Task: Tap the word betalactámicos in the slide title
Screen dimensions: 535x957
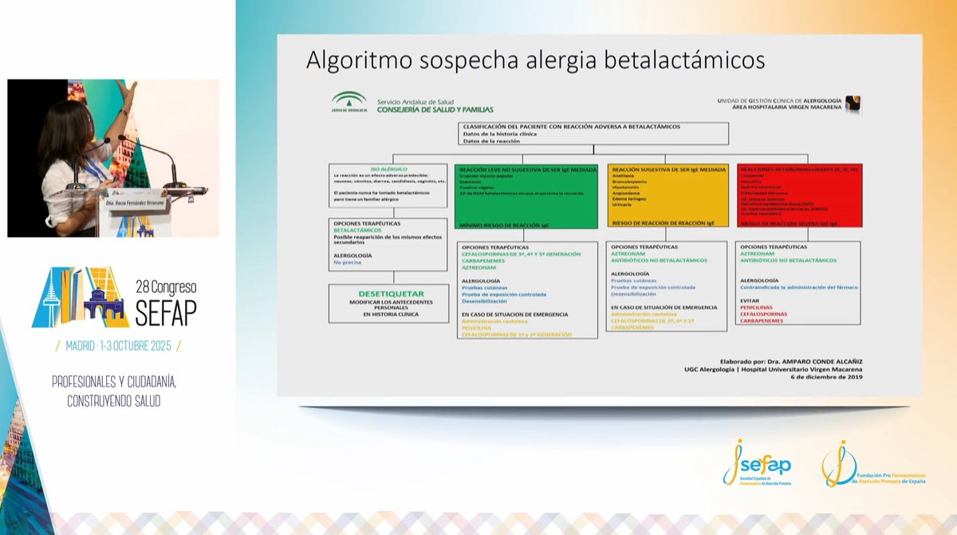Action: pos(685,61)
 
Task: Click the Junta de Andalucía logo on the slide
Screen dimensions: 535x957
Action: pos(349,102)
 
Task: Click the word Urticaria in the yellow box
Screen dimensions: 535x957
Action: pos(622,204)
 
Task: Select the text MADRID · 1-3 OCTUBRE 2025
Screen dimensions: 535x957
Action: pos(118,345)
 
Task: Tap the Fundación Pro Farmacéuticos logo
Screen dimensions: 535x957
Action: pos(874,468)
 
